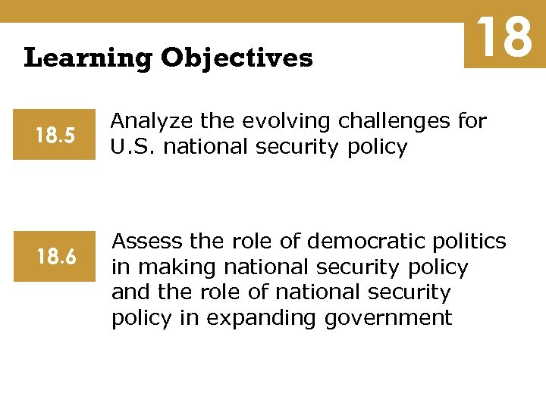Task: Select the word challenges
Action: [393, 122]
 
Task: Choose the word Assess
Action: [147, 242]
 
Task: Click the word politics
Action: [469, 242]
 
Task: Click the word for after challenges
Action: [472, 122]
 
